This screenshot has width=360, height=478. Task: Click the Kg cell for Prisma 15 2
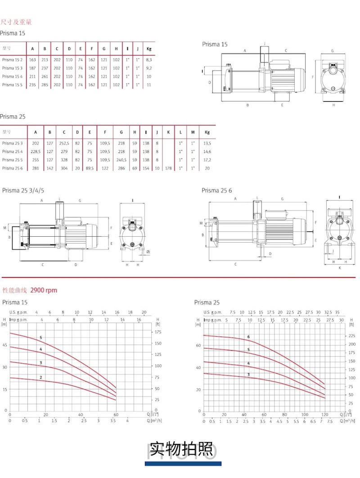tap(149, 60)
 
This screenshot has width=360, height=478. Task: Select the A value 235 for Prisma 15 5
tap(32, 85)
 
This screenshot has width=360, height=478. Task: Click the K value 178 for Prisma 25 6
tap(168, 168)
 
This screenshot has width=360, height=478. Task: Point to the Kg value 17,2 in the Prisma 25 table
tap(207, 160)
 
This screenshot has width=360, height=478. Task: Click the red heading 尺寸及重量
tap(17, 22)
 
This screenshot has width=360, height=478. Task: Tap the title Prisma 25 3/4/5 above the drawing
tap(21, 190)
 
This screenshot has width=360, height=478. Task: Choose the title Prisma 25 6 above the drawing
tap(217, 190)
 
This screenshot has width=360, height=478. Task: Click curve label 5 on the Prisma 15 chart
tap(40, 338)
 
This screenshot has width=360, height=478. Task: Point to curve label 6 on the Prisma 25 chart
tap(247, 337)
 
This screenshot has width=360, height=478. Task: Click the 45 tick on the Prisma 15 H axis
tap(5, 345)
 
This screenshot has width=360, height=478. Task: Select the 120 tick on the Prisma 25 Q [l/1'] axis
tap(324, 415)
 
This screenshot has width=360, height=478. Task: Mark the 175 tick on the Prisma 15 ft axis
tap(158, 332)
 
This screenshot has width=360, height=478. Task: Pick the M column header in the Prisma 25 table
tap(193, 132)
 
